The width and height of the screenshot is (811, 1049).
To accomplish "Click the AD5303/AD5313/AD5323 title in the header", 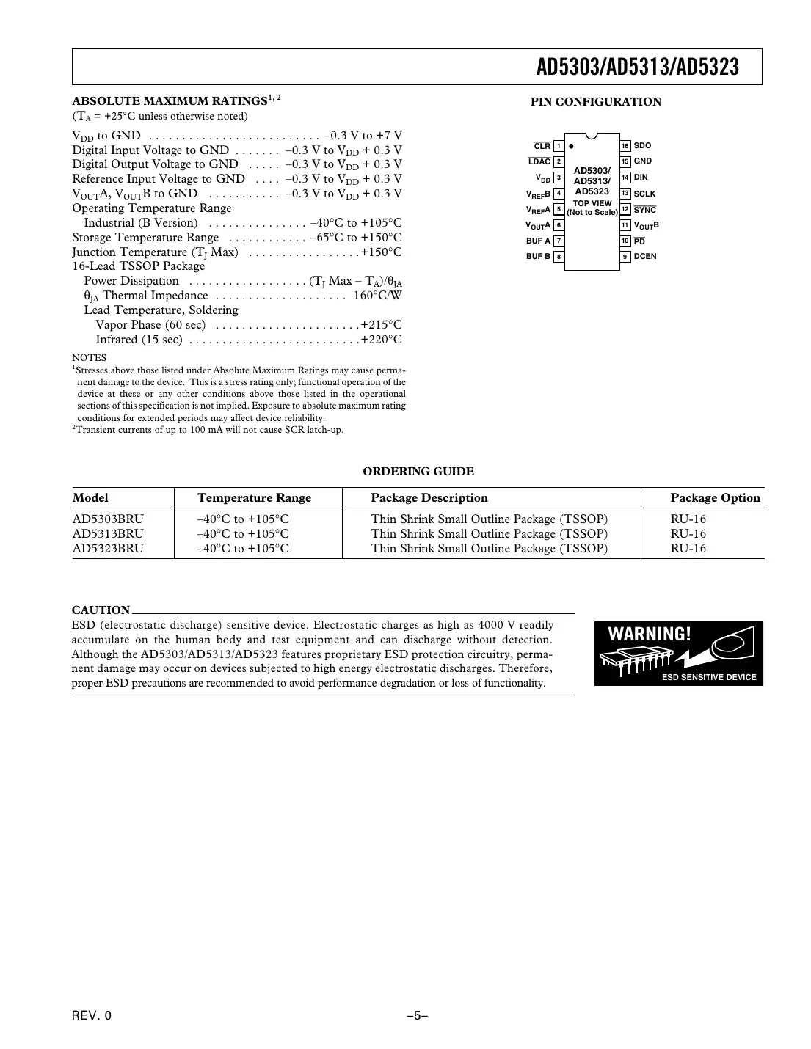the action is [x=637, y=67].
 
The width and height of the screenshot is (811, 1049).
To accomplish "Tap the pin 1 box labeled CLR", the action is [x=559, y=146].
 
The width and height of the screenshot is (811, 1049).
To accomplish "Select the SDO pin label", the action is [x=642, y=146].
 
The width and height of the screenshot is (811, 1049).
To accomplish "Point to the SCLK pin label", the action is [x=644, y=194].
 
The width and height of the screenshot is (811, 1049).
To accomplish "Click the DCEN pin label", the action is [x=644, y=257].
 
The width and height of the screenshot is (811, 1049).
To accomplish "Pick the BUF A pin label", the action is [x=538, y=241].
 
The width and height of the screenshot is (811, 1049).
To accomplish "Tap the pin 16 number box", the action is [x=625, y=146].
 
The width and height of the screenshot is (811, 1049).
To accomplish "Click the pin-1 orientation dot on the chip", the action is [x=571, y=146].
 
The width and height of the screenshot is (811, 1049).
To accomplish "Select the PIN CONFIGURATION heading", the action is [x=595, y=102].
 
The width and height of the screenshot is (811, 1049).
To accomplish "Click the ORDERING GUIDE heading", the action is [x=418, y=472].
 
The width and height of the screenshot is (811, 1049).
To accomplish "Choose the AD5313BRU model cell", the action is [x=108, y=534].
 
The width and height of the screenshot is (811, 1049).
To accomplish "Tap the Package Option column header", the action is [x=715, y=498].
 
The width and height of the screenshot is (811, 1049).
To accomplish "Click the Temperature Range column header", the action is [x=254, y=498].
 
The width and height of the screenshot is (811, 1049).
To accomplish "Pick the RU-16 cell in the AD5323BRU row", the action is [x=688, y=549].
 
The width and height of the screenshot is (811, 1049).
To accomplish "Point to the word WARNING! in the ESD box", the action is [x=650, y=634].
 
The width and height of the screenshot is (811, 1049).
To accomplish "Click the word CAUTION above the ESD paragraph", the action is [x=101, y=610].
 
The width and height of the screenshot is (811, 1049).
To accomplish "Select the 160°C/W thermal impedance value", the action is [x=377, y=296].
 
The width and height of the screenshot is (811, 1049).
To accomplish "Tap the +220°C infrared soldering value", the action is [x=381, y=340].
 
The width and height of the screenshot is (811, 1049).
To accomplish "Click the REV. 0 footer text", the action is [x=92, y=1016].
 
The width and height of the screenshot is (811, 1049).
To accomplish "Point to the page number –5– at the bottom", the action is [x=418, y=1016].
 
